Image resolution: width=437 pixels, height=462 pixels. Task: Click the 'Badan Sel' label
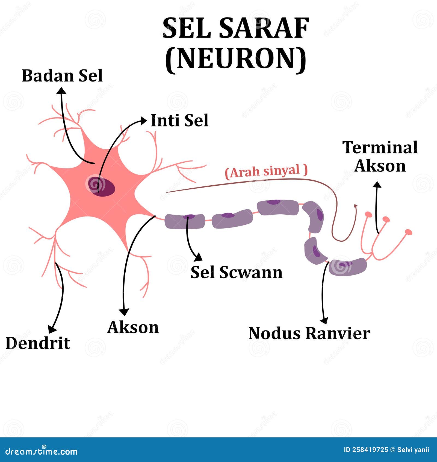pos(62,76)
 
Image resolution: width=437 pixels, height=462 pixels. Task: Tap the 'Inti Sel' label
pos(179,120)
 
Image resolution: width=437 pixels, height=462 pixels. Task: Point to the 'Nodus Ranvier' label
pos(309,334)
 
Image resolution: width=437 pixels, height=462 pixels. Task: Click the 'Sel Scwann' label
pos(236,272)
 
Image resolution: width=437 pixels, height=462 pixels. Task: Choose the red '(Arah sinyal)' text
pos(266,172)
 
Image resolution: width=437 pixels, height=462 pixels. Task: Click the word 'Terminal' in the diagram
pos(380,148)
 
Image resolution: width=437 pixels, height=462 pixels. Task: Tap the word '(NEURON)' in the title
pos(236,58)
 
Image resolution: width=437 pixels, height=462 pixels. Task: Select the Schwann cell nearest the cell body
pos(185,221)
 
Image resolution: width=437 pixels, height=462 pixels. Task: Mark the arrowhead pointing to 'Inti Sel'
pos(144,121)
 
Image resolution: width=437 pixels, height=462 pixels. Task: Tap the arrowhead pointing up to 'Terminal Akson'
pos(377,185)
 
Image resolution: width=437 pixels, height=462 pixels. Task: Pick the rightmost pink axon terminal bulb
pos(408,232)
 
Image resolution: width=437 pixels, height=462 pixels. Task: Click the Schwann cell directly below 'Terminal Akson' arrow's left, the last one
pos(347,267)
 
